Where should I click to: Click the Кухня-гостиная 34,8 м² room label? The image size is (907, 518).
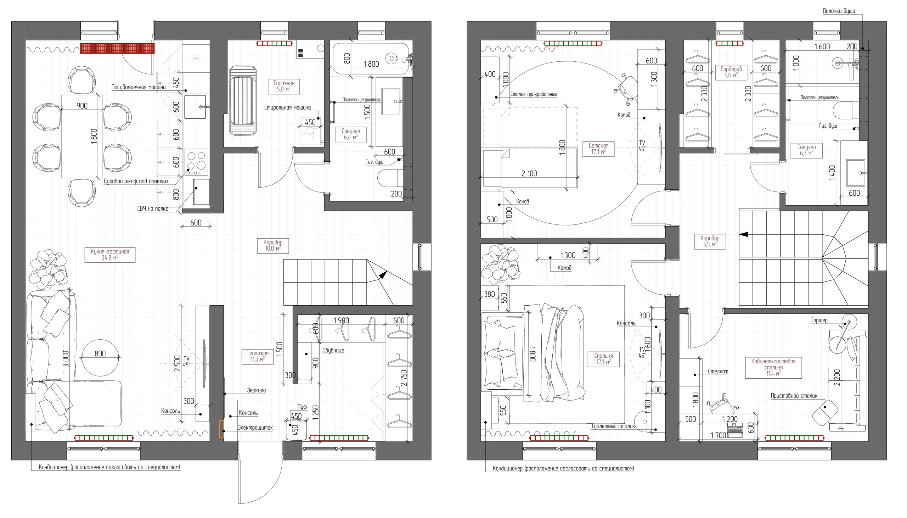110,254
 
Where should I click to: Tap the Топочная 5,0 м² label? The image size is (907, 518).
284,86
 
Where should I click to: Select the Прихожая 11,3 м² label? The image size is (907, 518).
257,356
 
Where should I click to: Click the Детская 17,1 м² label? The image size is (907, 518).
598,148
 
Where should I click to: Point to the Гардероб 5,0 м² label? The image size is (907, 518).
731,72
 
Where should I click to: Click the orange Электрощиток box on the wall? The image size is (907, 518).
221,428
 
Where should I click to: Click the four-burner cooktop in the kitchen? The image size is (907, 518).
197,162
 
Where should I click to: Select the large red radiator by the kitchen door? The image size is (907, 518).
117,48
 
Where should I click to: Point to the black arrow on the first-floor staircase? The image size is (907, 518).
382,275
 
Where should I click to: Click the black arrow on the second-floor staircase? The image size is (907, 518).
744,234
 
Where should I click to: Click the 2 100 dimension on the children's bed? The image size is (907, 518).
529,174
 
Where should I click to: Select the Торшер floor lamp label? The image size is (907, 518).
818,321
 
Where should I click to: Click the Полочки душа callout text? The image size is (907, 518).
838,11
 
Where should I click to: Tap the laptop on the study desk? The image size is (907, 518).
735,431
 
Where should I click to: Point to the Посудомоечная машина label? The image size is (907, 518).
139,87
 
